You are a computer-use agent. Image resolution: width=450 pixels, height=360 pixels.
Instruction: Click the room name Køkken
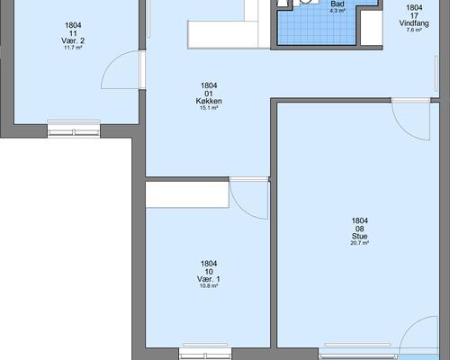click(x=209, y=101)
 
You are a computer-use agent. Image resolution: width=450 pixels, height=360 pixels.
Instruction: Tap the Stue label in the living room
click(x=360, y=236)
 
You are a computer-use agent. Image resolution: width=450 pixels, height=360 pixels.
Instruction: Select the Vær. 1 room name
click(x=209, y=279)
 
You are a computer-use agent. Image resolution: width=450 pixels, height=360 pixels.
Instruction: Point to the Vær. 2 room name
click(x=73, y=40)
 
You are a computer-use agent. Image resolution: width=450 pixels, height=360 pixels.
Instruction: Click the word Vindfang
click(x=414, y=23)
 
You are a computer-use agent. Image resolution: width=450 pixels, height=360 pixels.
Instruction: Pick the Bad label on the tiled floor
click(x=337, y=4)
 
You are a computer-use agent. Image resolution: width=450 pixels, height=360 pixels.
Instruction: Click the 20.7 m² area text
click(x=359, y=243)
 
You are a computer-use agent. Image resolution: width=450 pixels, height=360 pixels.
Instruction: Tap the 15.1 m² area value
click(x=209, y=108)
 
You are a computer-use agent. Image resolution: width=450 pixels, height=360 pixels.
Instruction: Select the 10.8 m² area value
click(x=209, y=286)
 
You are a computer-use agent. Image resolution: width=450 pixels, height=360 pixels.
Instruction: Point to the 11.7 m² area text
click(x=73, y=48)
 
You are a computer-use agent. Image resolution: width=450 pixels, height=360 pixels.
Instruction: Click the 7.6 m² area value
click(x=414, y=30)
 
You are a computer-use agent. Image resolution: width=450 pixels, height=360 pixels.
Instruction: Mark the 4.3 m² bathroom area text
click(x=337, y=11)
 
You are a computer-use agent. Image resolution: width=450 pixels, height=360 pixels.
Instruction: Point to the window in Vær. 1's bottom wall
click(x=205, y=354)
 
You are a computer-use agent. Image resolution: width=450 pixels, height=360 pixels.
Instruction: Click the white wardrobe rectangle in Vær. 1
click(x=187, y=194)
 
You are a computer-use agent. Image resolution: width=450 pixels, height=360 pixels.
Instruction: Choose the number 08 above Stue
click(x=360, y=229)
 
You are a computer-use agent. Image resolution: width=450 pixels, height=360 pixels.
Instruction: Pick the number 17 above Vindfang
click(x=414, y=15)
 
